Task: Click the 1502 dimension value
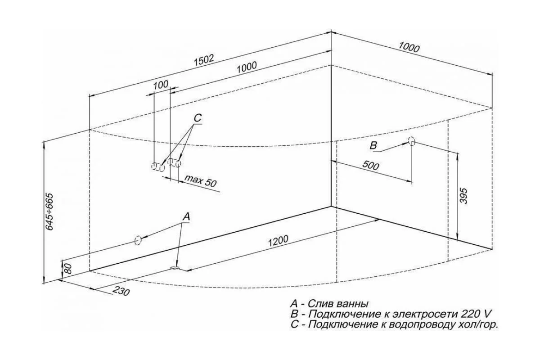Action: coord(204,60)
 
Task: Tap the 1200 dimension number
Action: coord(278,241)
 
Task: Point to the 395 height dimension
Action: coord(463,196)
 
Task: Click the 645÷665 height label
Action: coord(50,211)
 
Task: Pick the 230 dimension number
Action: coord(121,291)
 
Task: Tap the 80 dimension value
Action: coord(68,269)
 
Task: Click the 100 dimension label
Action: coord(161,85)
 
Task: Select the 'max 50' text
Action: coord(201,181)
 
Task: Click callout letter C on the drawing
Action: coord(198,118)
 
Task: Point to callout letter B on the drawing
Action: coord(373,146)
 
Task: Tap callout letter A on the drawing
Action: coord(186,217)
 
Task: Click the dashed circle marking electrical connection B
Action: coord(411,141)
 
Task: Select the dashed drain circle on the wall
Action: coord(138,240)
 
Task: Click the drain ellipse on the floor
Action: coord(174,268)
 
